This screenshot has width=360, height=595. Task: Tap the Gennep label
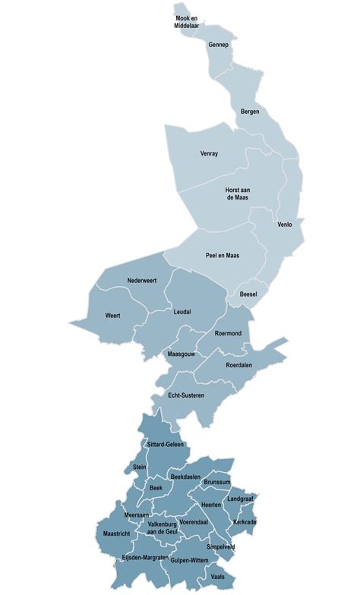coord(219,46)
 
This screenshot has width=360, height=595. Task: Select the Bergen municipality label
coord(250,112)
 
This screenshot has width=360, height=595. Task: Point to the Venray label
coord(209,153)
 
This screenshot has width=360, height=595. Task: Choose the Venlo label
coord(285,225)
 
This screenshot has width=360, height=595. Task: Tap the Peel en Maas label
coord(223,256)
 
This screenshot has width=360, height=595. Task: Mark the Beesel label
coord(248,294)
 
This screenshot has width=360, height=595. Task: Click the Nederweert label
coord(142,282)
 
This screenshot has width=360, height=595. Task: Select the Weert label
coord(112,315)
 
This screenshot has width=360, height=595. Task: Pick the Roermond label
coord(228,332)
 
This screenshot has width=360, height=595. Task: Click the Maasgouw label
coord(182,354)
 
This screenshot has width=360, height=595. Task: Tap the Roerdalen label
coord(239,365)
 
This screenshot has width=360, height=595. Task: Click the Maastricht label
coord(116,534)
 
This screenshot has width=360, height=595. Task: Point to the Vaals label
coord(218,578)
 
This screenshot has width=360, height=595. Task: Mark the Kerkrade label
coord(245,522)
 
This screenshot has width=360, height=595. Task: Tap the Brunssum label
coord(217,482)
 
